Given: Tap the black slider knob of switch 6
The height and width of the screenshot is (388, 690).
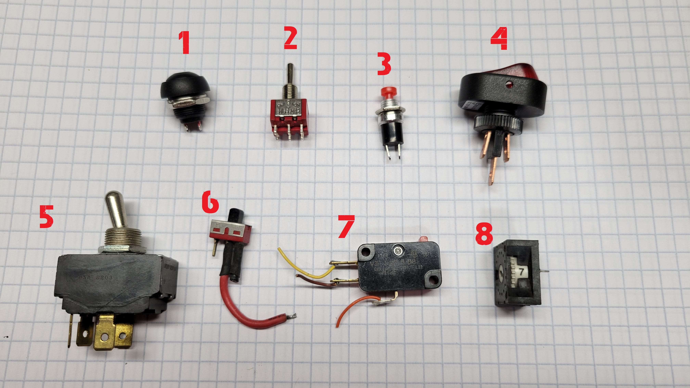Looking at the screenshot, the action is (x=235, y=214).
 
